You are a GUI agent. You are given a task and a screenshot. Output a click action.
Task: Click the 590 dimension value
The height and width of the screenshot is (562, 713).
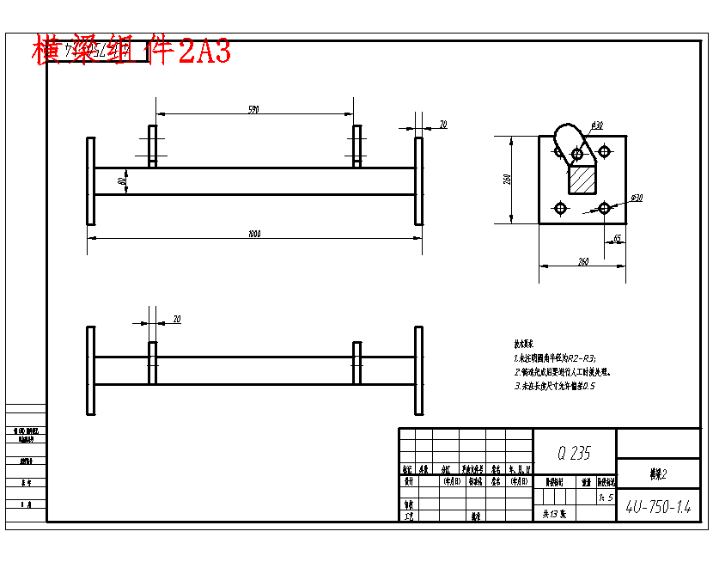pos(253,110)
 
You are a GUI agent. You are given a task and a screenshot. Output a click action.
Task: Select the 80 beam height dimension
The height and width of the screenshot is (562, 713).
pos(123,181)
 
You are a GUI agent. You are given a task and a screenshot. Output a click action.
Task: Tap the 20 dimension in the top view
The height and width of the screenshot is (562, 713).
pos(443,125)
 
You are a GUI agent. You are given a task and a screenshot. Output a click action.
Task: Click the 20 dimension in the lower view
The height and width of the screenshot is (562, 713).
pos(177,319)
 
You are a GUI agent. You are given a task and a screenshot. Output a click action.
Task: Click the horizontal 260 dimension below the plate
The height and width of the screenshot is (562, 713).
pos(583,262)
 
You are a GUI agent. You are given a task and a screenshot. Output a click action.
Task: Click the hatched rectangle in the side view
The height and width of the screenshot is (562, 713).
pos(582,180)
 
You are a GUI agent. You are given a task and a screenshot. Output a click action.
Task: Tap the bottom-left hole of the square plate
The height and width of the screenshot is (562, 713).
pos(560,208)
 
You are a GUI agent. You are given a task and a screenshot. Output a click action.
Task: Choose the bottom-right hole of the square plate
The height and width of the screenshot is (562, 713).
pos(605,208)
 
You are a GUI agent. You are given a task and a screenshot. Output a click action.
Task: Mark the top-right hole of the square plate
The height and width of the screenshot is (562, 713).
pos(605,151)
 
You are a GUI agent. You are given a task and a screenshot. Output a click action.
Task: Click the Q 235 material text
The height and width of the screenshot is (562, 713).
pos(575,453)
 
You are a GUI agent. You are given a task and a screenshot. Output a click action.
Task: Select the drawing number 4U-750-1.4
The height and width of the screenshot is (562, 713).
pos(658,507)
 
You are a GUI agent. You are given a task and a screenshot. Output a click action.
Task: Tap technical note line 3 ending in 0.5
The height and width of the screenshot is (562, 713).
pos(555,387)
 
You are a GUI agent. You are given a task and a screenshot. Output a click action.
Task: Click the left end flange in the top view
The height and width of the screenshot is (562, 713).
pos(90,180)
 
